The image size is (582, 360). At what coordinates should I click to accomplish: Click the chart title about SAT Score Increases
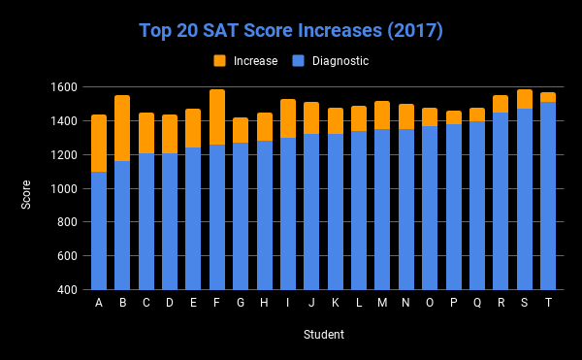(290, 30)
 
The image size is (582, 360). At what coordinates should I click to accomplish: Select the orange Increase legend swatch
(220, 61)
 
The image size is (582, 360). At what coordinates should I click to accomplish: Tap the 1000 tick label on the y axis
(62, 188)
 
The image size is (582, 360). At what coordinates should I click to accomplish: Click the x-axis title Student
(322, 335)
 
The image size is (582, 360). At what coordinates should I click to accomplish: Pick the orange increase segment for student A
(99, 143)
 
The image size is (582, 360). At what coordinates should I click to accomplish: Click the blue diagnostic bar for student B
(122, 225)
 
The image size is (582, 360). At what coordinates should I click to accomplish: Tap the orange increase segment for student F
(217, 117)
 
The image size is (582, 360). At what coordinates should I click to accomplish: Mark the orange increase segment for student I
(288, 118)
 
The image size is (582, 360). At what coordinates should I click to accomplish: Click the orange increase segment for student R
(501, 104)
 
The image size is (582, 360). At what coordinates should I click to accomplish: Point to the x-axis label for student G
(241, 303)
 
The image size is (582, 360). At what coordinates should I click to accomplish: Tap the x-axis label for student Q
(477, 303)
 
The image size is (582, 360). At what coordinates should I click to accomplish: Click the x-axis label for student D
(170, 303)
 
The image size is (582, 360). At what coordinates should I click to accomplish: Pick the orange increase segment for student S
(525, 98)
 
